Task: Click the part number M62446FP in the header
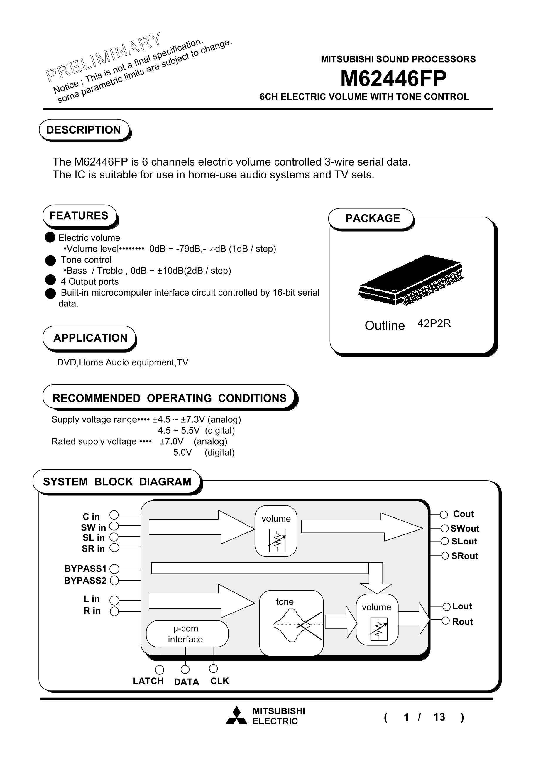coord(393,79)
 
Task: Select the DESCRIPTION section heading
coord(83,130)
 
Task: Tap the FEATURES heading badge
coord(79,215)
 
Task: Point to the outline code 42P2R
coord(434,323)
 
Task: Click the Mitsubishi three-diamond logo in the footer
coord(236,716)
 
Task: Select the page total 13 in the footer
coord(439,717)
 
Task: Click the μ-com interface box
coord(187,634)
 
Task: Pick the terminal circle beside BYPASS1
coord(114,569)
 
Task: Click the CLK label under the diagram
coord(220,681)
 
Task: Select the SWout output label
coord(465,529)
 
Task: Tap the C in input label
coord(91,517)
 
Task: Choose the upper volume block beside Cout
coord(276,531)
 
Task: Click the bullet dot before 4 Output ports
coord(50,280)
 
